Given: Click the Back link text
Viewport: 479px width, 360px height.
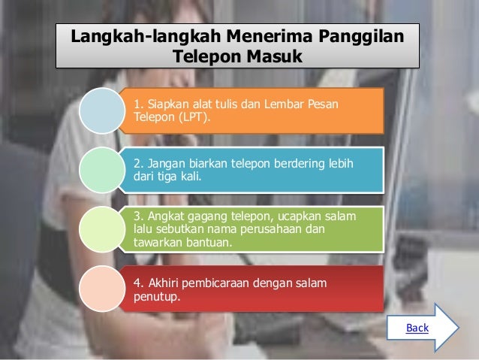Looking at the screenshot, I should point(417,328).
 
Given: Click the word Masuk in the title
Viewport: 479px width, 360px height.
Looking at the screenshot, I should point(271,57).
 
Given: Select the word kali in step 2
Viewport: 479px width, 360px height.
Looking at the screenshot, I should point(179,177).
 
